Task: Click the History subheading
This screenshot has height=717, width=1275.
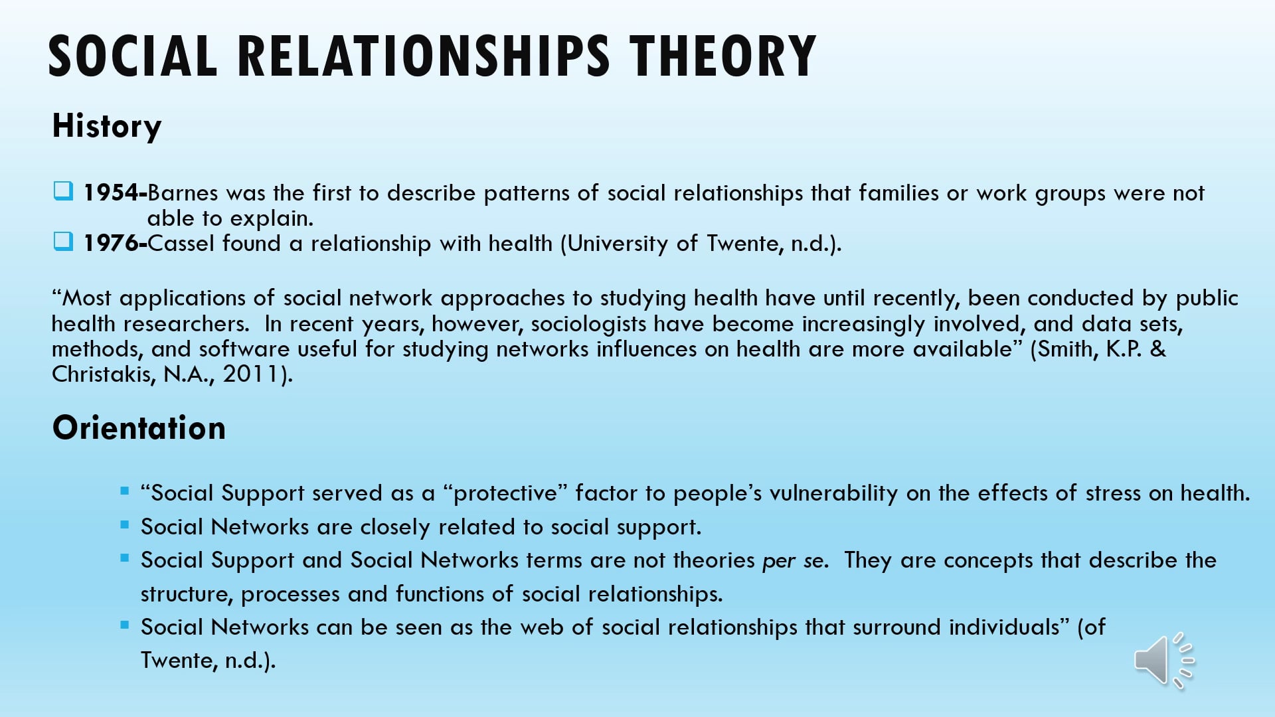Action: click(x=107, y=126)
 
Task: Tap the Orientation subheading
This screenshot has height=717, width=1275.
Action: click(x=139, y=428)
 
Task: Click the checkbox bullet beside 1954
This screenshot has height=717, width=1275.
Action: click(x=63, y=192)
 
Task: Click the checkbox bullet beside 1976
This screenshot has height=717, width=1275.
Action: click(x=63, y=242)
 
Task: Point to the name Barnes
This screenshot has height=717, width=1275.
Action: click(x=183, y=193)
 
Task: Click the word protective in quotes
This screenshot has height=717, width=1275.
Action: click(x=505, y=493)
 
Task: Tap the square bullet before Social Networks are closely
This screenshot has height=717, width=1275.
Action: click(x=125, y=524)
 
